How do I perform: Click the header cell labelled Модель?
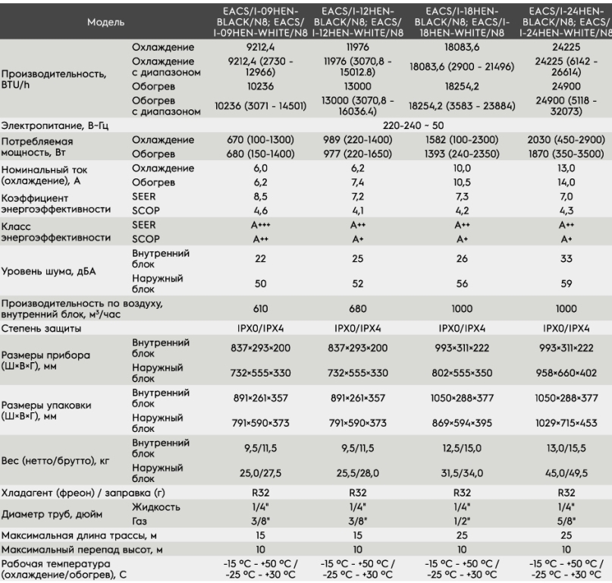pyautogui.click(x=105, y=22)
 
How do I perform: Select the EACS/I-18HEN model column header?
pyautogui.click(x=462, y=22)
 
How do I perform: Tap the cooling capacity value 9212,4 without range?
pyautogui.click(x=260, y=47)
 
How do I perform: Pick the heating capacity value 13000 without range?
pyautogui.click(x=357, y=87)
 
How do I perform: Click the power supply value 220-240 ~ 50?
pyautogui.click(x=413, y=125)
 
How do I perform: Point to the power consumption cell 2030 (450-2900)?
pyautogui.click(x=566, y=140)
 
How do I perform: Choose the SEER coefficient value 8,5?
pyautogui.click(x=260, y=197)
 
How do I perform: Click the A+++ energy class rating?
pyautogui.click(x=260, y=225)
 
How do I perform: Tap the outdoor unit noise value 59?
pyautogui.click(x=566, y=284)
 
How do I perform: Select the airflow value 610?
pyautogui.click(x=260, y=309)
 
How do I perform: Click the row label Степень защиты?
pyautogui.click(x=41, y=328)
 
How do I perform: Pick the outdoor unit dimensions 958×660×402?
pyautogui.click(x=566, y=373)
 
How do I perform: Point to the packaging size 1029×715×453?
pyautogui.click(x=566, y=423)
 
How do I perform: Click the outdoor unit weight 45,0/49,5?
pyautogui.click(x=566, y=473)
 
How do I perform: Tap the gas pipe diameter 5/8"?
pyautogui.click(x=566, y=521)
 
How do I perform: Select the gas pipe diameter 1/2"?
pyautogui.click(x=462, y=521)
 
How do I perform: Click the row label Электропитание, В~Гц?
pyautogui.click(x=55, y=125)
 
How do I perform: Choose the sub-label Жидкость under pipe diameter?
pyautogui.click(x=155, y=507)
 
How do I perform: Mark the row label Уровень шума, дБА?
pyautogui.click(x=49, y=271)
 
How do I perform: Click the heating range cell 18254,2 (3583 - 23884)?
pyautogui.click(x=462, y=106)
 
